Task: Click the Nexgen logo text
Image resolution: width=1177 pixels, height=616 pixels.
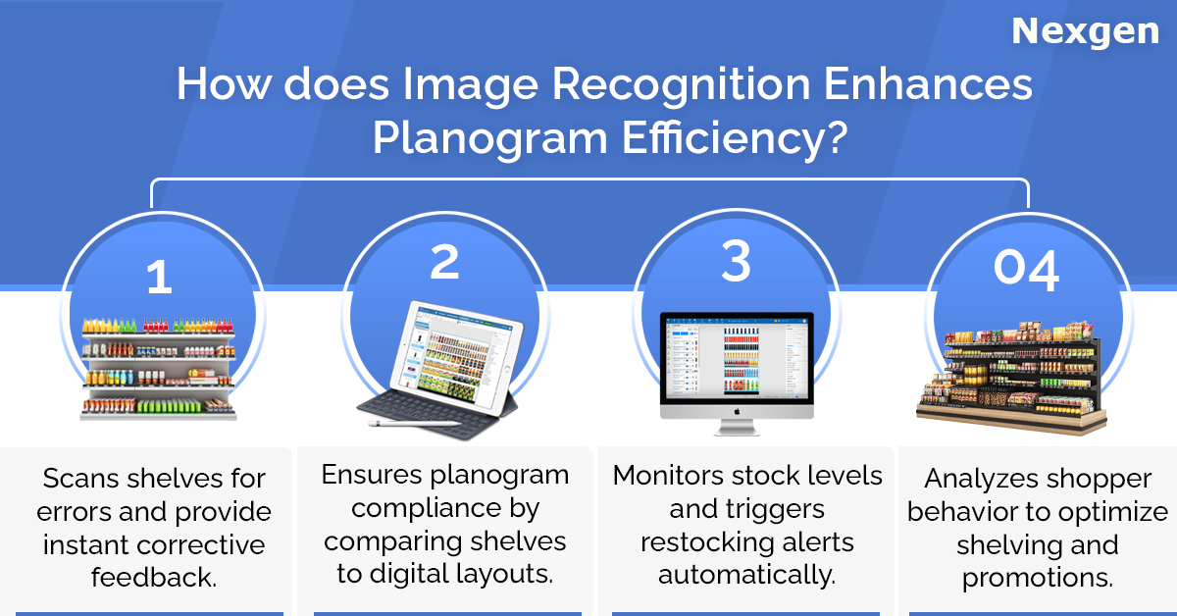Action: (1085, 32)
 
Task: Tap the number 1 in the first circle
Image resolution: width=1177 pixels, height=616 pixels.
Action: (159, 277)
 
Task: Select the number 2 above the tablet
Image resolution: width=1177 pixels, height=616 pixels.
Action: (444, 261)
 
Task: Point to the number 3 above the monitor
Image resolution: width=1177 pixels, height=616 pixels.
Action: (737, 260)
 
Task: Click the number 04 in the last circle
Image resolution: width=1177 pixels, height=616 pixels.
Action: (1026, 269)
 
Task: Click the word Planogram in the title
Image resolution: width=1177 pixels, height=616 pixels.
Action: (489, 137)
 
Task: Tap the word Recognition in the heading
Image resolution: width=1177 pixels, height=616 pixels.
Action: (681, 84)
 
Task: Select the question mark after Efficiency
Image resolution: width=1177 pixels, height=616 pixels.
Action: (836, 136)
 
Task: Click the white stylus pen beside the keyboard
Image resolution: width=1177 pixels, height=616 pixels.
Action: (413, 423)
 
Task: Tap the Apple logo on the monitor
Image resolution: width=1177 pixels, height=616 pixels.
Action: (737, 412)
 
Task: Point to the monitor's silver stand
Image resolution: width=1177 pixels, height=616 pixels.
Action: (737, 428)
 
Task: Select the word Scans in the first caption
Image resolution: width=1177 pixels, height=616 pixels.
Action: (80, 479)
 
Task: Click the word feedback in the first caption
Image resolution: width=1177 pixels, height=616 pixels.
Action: (153, 577)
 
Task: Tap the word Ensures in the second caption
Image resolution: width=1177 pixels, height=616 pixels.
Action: (372, 475)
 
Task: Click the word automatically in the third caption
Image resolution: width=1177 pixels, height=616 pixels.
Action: (746, 575)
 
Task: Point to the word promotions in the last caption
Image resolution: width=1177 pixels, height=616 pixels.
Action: (1038, 578)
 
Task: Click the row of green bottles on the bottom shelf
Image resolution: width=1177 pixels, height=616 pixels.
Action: (169, 405)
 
